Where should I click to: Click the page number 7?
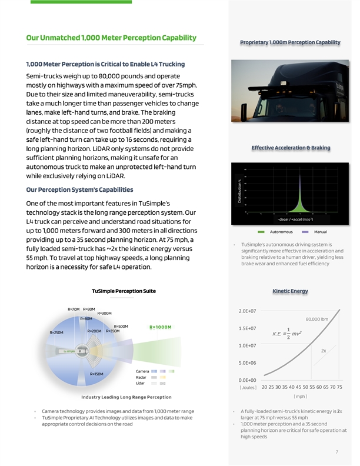[x=336, y=452]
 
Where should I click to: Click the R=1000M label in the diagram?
[x=161, y=328]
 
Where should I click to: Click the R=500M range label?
[x=121, y=327]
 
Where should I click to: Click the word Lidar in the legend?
[x=141, y=383]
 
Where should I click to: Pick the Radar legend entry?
[x=141, y=377]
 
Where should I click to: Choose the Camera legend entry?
[x=142, y=371]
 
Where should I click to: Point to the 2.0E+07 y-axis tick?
[x=246, y=311]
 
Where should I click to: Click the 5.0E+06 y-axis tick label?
[x=246, y=362]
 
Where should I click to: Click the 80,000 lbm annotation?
[x=320, y=320]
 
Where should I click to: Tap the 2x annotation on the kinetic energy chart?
[x=324, y=351]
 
